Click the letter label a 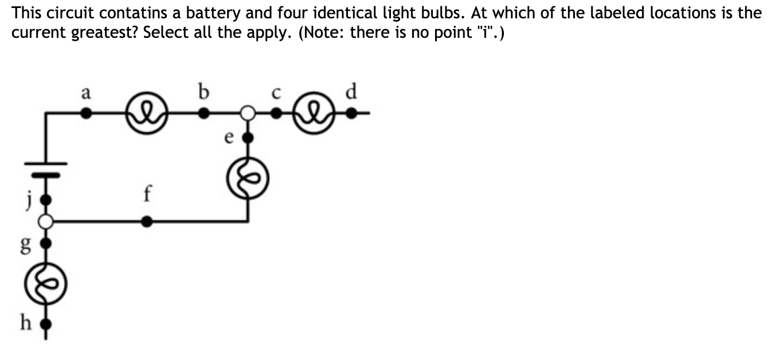(x=85, y=92)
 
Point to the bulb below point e (x=247, y=179)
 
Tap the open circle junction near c (x=247, y=114)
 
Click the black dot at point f (x=147, y=221)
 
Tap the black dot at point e (x=247, y=138)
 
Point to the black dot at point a (x=85, y=114)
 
